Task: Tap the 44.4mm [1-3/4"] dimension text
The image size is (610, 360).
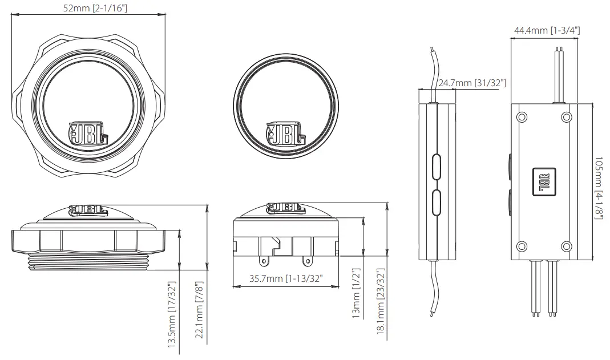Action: click(x=547, y=30)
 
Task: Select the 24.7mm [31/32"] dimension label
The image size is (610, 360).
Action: click(x=472, y=83)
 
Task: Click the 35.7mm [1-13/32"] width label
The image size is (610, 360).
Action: click(x=278, y=278)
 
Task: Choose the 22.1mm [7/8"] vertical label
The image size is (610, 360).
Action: click(x=199, y=313)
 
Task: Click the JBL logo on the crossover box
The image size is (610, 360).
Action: click(x=543, y=181)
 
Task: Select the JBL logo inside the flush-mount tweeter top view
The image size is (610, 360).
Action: click(x=87, y=135)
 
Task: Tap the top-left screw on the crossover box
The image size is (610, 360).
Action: click(x=521, y=117)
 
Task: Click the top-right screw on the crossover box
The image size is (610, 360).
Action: click(x=565, y=117)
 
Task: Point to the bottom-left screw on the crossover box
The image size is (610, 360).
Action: click(x=521, y=246)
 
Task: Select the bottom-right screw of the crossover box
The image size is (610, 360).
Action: click(x=565, y=246)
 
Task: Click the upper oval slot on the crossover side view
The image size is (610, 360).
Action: click(x=437, y=166)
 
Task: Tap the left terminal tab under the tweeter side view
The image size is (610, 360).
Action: click(x=263, y=261)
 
